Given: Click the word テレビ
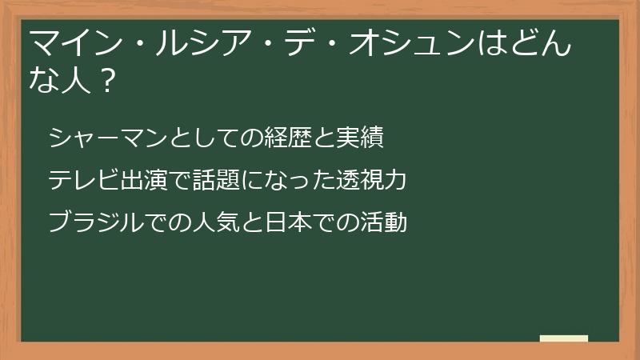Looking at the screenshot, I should point(79,180).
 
